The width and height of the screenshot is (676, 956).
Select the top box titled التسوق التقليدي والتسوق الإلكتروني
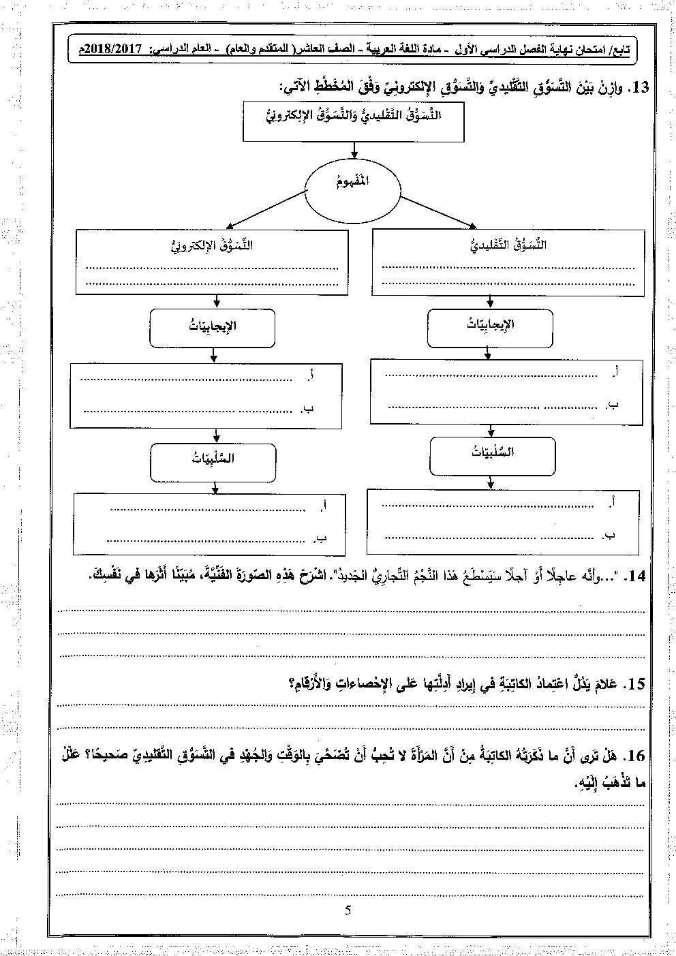[x=353, y=121]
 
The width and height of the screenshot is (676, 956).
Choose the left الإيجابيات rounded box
[x=212, y=327]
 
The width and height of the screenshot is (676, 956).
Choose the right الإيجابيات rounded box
[x=491, y=326]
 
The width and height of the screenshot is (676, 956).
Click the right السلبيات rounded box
[x=491, y=454]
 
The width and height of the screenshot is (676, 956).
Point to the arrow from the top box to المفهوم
[x=353, y=151]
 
